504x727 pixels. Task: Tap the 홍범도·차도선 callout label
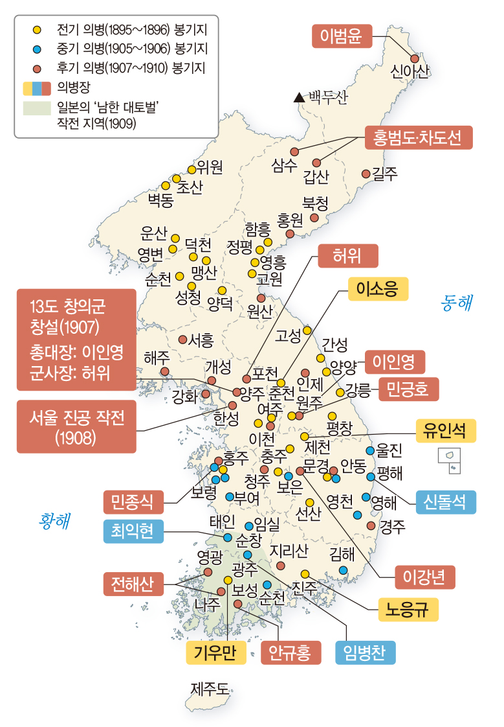(418, 137)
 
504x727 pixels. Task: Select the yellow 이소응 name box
(378, 290)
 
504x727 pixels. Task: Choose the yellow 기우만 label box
(215, 652)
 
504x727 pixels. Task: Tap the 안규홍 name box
(290, 652)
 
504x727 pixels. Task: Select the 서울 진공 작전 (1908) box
(76, 426)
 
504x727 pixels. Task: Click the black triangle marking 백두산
(298, 98)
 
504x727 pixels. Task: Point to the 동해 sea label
(457, 302)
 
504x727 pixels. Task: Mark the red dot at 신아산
(415, 58)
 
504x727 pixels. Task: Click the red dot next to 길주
(366, 174)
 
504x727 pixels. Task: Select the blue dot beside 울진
(370, 450)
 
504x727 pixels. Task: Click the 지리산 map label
(289, 551)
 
